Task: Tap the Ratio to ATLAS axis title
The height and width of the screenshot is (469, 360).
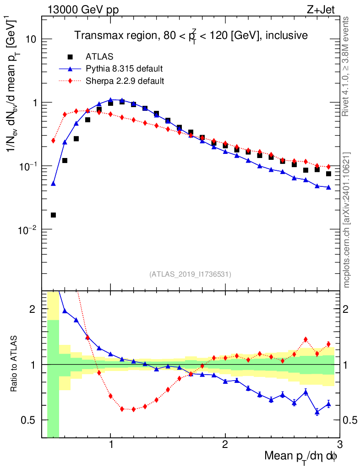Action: pyautogui.click(x=14, y=364)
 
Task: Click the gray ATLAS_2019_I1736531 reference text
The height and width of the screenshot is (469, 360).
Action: pyautogui.click(x=190, y=274)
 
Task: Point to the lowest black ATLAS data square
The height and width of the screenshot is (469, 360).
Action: pyautogui.click(x=53, y=215)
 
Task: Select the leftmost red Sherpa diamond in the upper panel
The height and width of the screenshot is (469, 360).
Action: pyautogui.click(x=53, y=141)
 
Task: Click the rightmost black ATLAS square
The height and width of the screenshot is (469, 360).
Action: pyautogui.click(x=328, y=174)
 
